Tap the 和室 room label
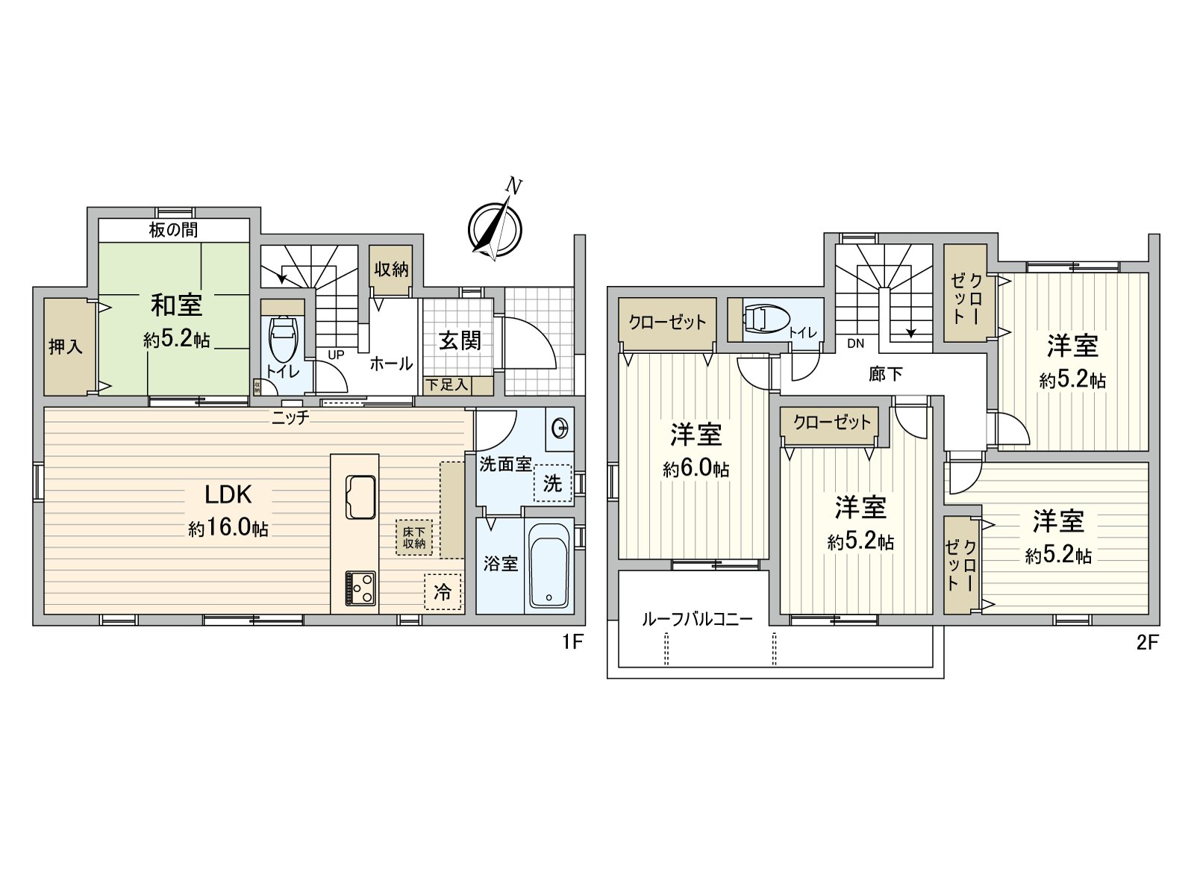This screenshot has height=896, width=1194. [x=176, y=305]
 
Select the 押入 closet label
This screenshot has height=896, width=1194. [x=66, y=346]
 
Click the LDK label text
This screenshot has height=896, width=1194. [x=228, y=494]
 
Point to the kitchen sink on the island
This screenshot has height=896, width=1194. [x=361, y=496]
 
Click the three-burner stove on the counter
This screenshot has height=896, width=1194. [x=360, y=588]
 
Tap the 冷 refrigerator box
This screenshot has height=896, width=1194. [x=443, y=592]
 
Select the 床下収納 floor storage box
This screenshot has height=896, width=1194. [x=414, y=538]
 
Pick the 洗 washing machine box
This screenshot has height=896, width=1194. [x=552, y=483]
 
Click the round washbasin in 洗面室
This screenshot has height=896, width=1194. [x=560, y=429]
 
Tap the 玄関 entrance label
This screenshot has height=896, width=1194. [x=460, y=341]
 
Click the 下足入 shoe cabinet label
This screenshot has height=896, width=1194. [x=446, y=385]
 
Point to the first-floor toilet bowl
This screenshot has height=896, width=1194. [x=282, y=340]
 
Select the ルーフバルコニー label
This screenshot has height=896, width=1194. [x=696, y=619]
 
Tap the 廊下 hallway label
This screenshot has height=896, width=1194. [x=886, y=373]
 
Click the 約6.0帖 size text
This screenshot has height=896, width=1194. [x=696, y=469]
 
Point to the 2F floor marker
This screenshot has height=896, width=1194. [x=1147, y=643]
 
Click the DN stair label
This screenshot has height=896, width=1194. [x=855, y=343]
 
